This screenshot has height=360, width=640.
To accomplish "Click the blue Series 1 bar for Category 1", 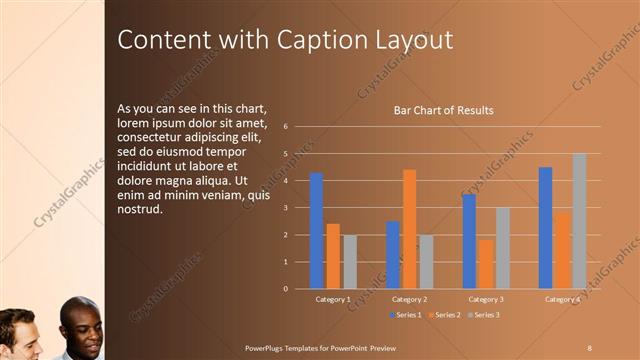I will [316, 231].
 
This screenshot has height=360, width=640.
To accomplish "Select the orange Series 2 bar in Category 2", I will [409, 229].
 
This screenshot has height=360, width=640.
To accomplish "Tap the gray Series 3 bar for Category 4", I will [579, 221].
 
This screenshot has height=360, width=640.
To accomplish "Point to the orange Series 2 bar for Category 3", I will [485, 264].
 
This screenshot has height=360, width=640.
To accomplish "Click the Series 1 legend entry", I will [405, 315].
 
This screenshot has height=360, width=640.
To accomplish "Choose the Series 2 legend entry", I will [445, 315].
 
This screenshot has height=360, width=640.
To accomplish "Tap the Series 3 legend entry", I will [484, 315].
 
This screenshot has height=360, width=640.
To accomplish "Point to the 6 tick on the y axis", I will [286, 127].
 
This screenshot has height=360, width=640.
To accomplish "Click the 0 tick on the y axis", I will [286, 289].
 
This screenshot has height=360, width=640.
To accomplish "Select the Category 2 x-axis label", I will [409, 299].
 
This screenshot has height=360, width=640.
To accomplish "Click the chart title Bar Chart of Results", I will [443, 110].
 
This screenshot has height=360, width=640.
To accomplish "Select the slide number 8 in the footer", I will [589, 346].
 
